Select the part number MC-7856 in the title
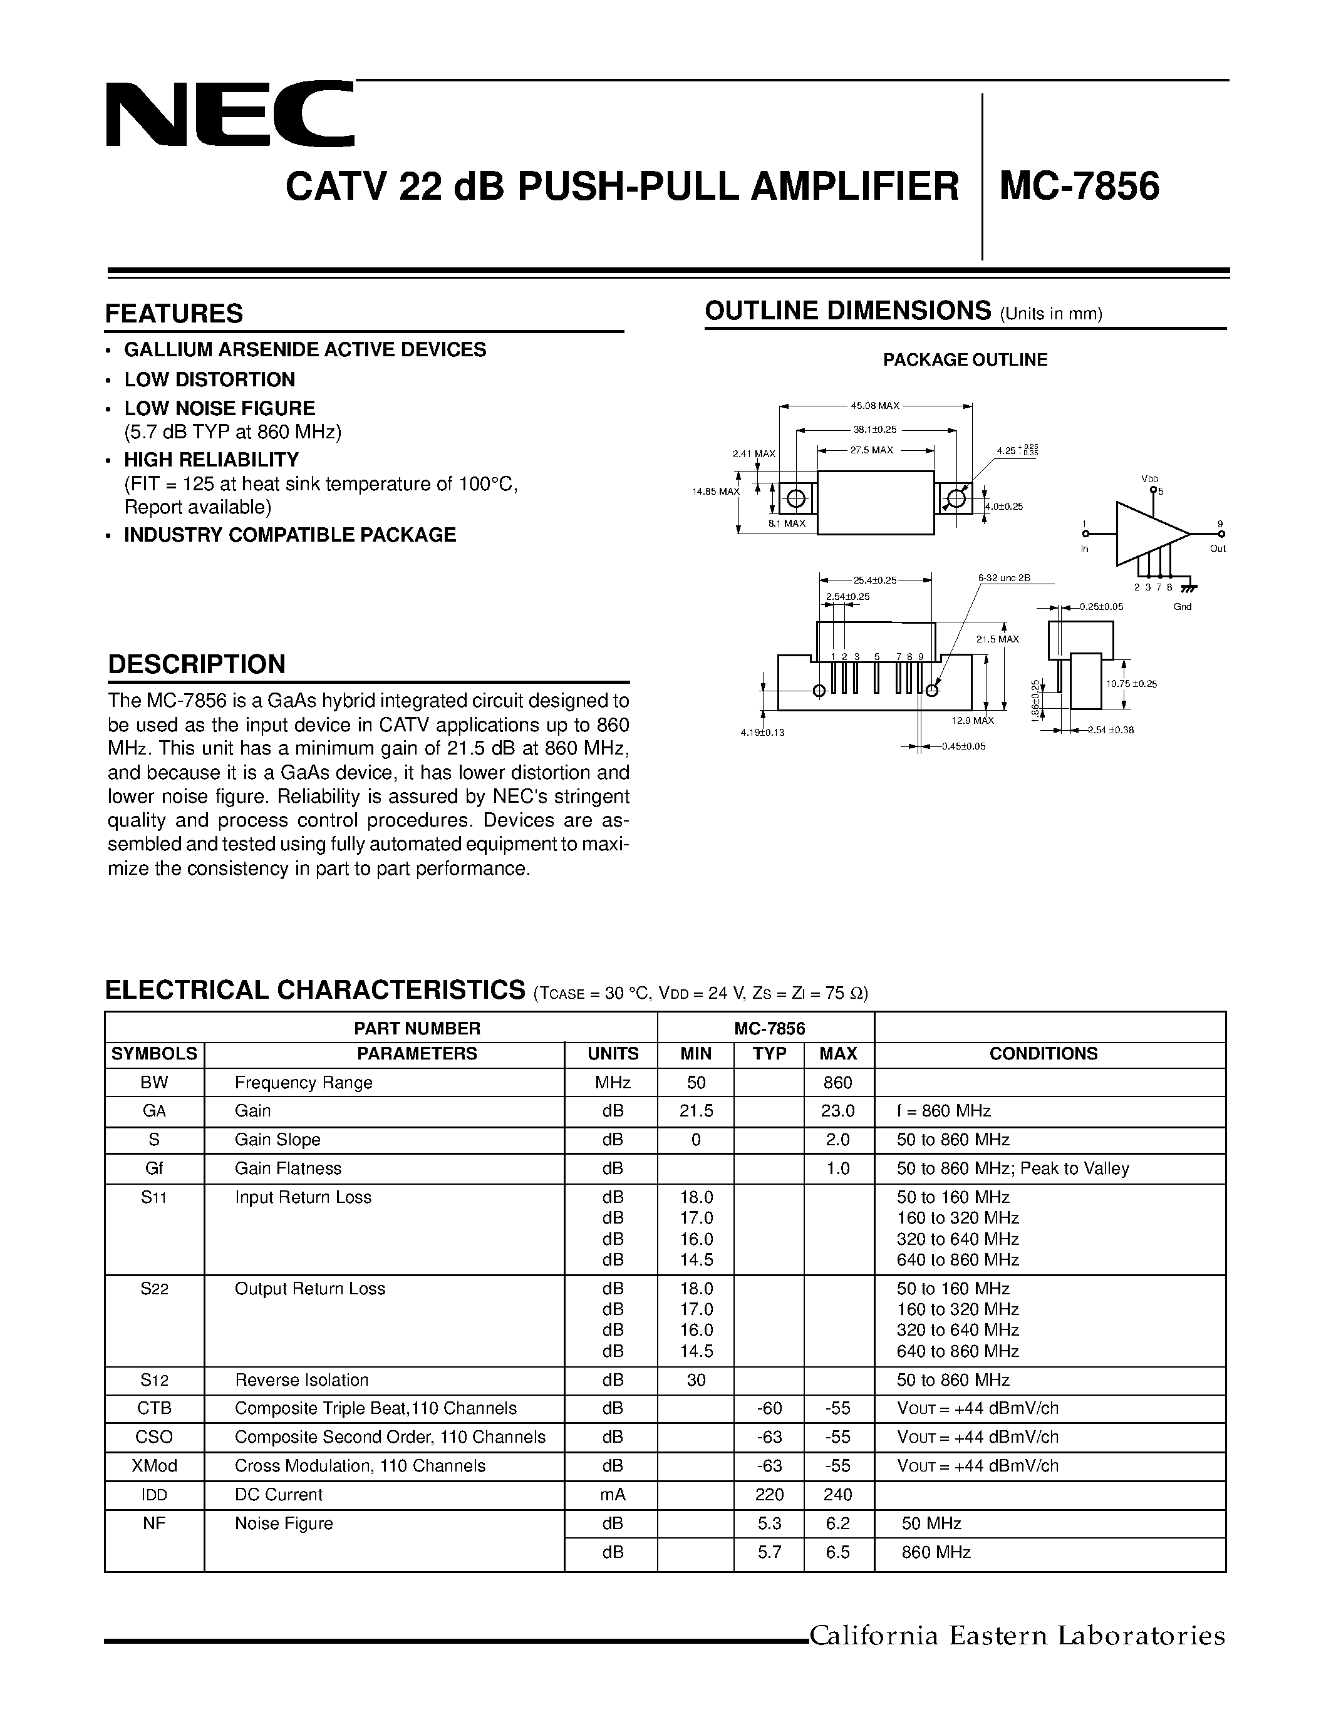[1079, 187]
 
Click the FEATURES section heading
[174, 314]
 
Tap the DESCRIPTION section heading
[196, 664]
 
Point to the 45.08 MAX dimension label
[874, 406]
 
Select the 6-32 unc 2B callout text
[1004, 578]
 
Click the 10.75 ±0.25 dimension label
[1131, 684]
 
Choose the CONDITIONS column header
[1044, 1053]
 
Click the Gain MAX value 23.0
[837, 1111]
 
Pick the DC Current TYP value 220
[770, 1494]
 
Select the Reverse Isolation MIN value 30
[697, 1380]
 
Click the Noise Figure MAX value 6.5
[837, 1552]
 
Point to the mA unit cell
[613, 1494]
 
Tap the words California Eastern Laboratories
[1017, 1636]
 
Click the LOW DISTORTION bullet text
[210, 379]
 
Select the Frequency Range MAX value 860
[837, 1083]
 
